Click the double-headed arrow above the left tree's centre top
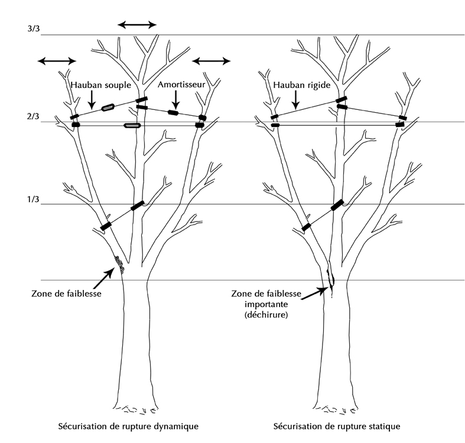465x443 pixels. coord(137,24)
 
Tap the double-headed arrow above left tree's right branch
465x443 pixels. coord(212,60)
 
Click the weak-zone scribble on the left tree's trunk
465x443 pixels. coord(120,265)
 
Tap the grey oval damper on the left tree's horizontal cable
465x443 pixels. coord(132,125)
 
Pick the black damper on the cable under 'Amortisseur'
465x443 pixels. coord(173,112)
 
